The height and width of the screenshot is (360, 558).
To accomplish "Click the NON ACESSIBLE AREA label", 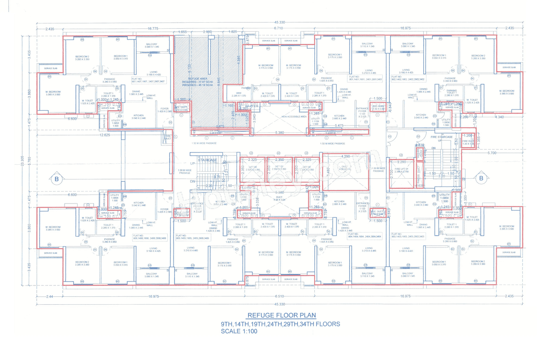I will click(x=294, y=117).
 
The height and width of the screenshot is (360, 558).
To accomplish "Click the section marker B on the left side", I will click(x=56, y=178).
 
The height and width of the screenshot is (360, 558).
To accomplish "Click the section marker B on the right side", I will click(x=481, y=178).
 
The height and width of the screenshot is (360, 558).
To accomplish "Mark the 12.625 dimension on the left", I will click(x=104, y=135).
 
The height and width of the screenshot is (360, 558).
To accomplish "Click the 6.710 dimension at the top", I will click(x=278, y=28).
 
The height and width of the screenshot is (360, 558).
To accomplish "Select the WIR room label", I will click(x=238, y=93).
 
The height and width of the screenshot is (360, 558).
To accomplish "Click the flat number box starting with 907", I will click(x=147, y=80).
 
